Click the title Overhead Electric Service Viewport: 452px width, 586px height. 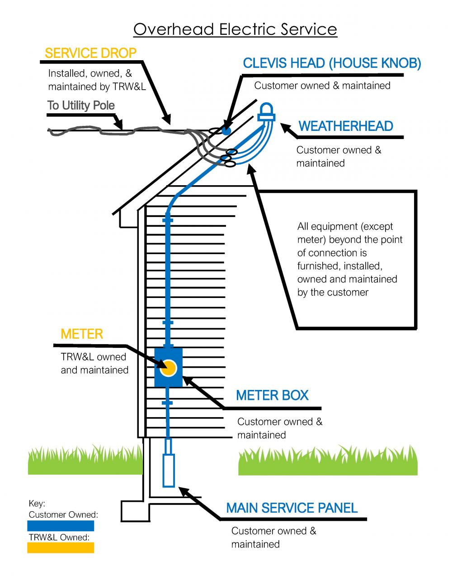(x=235, y=30)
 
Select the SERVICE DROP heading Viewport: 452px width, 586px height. (x=90, y=53)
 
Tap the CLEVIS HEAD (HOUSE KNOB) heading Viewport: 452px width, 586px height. (x=332, y=63)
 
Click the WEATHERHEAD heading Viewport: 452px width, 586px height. (x=346, y=126)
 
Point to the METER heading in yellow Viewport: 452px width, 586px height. (x=82, y=334)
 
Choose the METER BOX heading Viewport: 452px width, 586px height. (x=272, y=395)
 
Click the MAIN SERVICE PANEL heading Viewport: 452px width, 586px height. (x=292, y=508)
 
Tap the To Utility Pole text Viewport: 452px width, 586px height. (x=81, y=106)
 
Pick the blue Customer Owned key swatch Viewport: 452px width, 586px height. (x=61, y=526)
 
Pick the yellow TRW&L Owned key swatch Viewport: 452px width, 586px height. (x=61, y=548)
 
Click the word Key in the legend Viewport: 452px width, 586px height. (x=37, y=504)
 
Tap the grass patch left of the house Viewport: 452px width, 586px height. (x=85, y=461)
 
